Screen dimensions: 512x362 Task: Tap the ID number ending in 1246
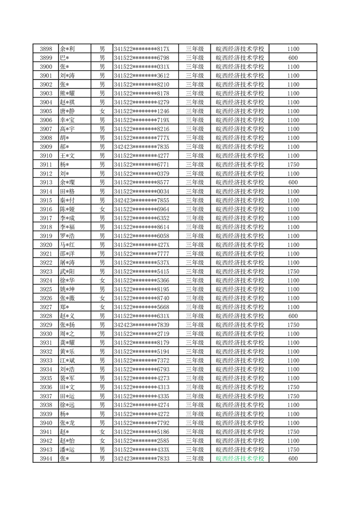pos(142,111)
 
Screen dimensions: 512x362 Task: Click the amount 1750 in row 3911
pos(294,165)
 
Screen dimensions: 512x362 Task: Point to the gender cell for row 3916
pos(102,209)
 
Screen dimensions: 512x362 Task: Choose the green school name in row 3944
pos(240,459)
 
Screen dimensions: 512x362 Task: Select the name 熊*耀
pos(67,94)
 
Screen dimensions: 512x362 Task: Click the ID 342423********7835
pos(142,147)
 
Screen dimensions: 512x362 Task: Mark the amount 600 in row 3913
pos(294,183)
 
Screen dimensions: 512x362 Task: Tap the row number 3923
pos(46,272)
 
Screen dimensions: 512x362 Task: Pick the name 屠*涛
pos(67,263)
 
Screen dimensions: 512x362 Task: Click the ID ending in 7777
pos(142,254)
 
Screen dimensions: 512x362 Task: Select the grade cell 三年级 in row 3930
pos(194,334)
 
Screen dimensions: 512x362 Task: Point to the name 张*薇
pos(67,298)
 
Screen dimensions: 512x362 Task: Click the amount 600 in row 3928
pos(294,316)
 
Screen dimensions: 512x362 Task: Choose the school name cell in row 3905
pos(240,111)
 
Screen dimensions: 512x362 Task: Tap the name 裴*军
pos(67,378)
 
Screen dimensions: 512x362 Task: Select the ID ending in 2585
pos(142,441)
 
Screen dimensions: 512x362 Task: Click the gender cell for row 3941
pos(102,432)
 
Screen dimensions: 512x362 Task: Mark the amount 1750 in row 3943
pos(294,449)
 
